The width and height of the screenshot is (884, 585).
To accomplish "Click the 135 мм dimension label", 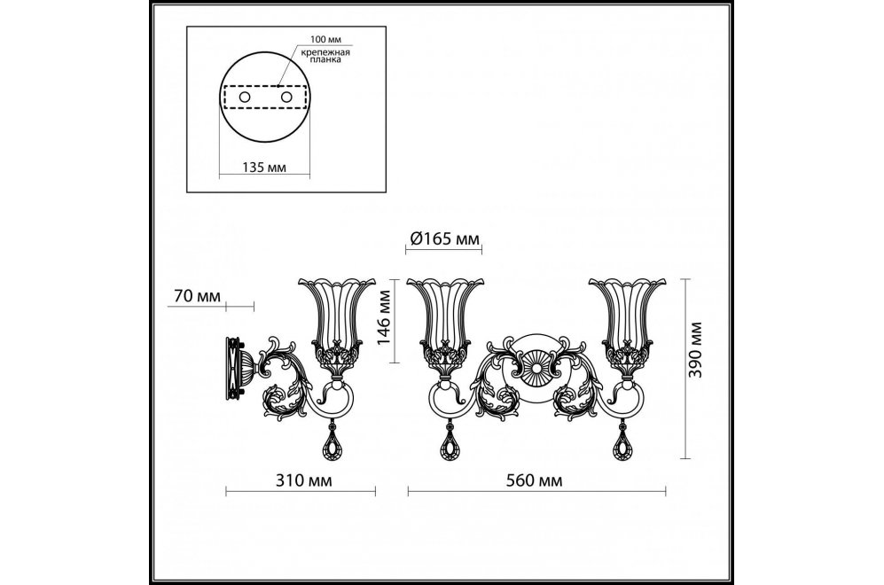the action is (264, 168).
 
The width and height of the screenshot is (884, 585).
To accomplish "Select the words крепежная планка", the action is (325, 56).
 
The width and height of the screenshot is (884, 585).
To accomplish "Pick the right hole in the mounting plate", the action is (287, 97).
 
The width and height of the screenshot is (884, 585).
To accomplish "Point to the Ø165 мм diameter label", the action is (443, 239).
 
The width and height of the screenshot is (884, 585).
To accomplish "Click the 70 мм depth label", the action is (197, 296).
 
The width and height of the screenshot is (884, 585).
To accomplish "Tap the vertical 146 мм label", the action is (383, 325).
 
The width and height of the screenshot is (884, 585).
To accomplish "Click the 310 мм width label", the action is (303, 480).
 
